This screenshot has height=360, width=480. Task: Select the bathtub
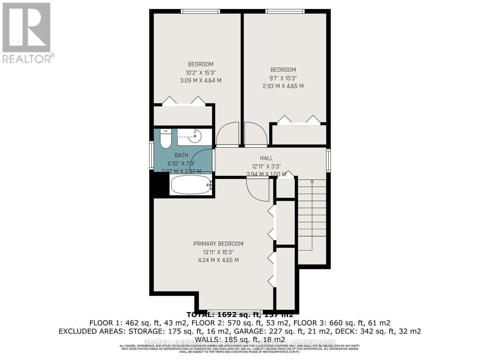point(191,185)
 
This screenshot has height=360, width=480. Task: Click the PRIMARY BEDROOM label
point(218,244)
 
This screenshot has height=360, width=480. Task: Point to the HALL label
point(266,158)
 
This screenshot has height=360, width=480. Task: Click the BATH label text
point(181,155)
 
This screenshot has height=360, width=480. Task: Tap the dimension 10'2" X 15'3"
point(201,73)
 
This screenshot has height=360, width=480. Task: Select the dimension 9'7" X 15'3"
point(283,78)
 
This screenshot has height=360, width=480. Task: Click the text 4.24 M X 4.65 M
point(218,260)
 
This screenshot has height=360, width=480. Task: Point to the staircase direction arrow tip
point(312,181)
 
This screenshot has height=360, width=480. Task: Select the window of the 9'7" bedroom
point(285,11)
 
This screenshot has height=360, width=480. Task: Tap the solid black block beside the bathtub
point(159,184)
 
